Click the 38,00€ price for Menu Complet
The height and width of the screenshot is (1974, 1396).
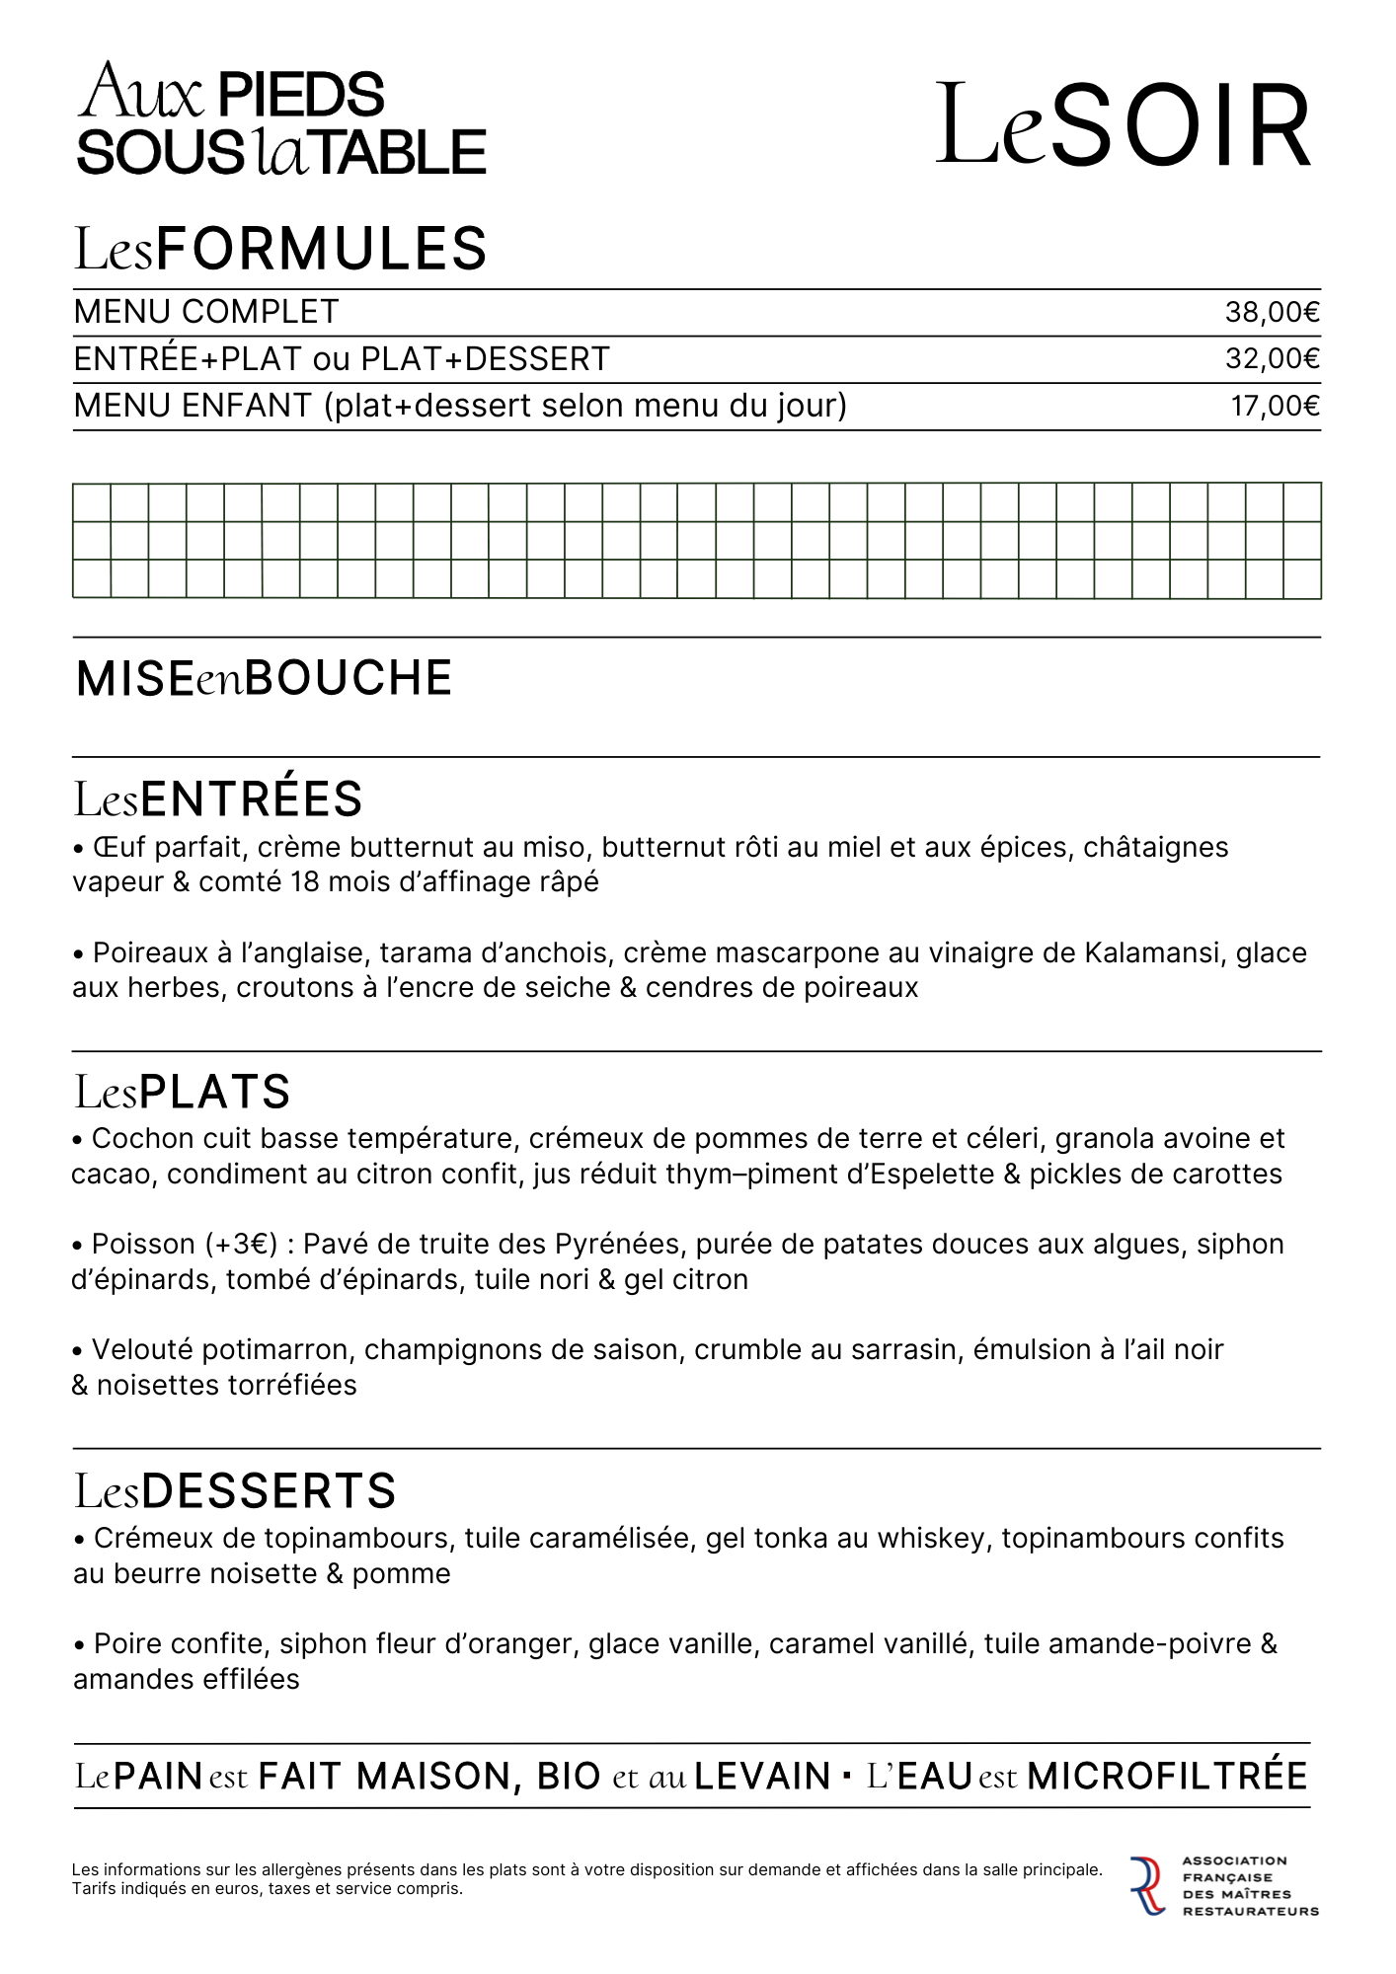pyautogui.click(x=1272, y=313)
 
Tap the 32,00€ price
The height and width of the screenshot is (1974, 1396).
pyautogui.click(x=1272, y=359)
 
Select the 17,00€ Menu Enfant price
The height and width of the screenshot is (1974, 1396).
pyautogui.click(x=1275, y=407)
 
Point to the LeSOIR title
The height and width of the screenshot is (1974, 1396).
pyautogui.click(x=1124, y=126)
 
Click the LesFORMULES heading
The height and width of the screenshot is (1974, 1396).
pyautogui.click(x=280, y=249)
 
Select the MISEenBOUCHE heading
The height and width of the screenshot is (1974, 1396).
pyautogui.click(x=264, y=679)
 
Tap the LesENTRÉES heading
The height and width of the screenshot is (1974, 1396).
pyautogui.click(x=218, y=799)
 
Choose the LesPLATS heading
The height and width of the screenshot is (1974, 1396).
pyautogui.click(x=183, y=1093)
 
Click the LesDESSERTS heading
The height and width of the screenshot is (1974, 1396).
pyautogui.click(x=235, y=1491)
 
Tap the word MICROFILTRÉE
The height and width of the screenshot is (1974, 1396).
pyautogui.click(x=1167, y=1777)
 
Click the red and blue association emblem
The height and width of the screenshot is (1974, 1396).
pyautogui.click(x=1147, y=1886)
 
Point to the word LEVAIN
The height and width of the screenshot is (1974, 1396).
pyautogui.click(x=762, y=1777)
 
